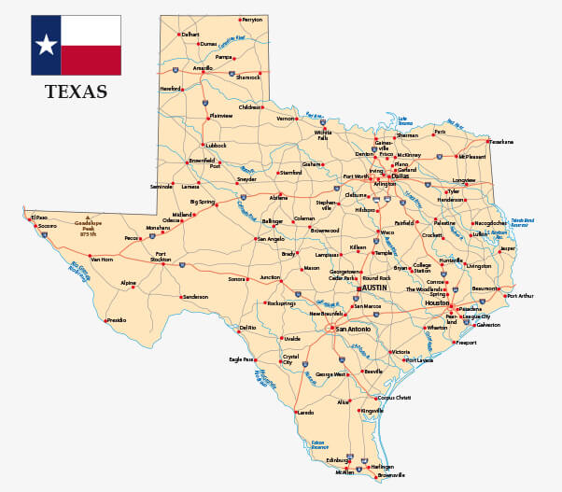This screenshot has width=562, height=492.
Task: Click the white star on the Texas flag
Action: [45, 44]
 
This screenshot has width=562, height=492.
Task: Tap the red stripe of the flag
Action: [90, 60]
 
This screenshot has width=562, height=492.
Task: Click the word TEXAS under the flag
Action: [76, 91]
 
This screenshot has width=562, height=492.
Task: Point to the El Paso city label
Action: [39, 218]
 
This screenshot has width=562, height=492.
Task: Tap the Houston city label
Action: [437, 303]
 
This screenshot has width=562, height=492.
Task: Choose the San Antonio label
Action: [354, 330]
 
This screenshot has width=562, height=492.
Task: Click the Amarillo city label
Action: [203, 68]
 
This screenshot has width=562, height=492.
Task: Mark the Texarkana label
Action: [501, 142]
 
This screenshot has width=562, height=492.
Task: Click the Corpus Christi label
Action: [393, 398]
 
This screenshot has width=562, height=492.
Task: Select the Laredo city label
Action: [304, 412]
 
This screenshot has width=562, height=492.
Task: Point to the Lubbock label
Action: [217, 146]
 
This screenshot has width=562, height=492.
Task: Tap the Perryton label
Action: [252, 20]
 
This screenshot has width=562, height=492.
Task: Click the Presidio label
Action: [117, 320]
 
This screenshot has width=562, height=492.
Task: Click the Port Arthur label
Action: [520, 296]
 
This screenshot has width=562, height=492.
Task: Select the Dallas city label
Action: [400, 176]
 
